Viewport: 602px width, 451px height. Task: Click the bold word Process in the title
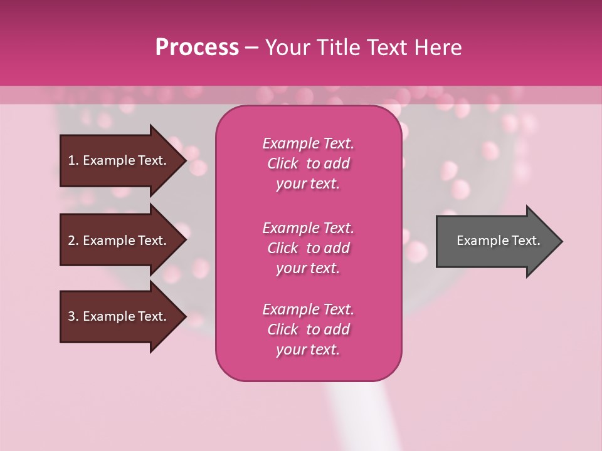pyautogui.click(x=197, y=48)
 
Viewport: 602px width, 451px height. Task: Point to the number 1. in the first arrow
pyautogui.click(x=73, y=160)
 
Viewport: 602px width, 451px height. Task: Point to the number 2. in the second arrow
pyautogui.click(x=73, y=241)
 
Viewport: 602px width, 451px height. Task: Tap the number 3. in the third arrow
pyautogui.click(x=73, y=316)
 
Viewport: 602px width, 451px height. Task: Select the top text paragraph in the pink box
pyautogui.click(x=308, y=163)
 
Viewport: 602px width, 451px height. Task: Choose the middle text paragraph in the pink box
pyautogui.click(x=308, y=248)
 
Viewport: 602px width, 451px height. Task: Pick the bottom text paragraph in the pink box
pyautogui.click(x=308, y=329)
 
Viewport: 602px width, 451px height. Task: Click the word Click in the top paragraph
pyautogui.click(x=282, y=163)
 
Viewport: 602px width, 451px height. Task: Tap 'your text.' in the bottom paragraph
pyautogui.click(x=308, y=350)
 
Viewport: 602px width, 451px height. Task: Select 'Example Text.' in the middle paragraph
pyautogui.click(x=308, y=228)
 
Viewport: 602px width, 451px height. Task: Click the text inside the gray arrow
pyautogui.click(x=498, y=241)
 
